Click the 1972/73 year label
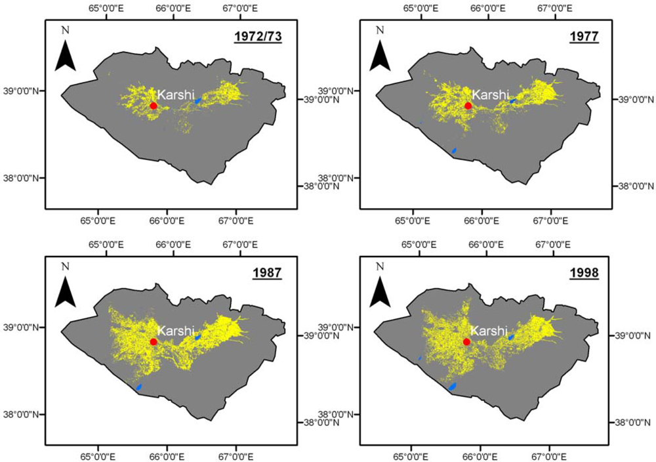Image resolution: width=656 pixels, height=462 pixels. [258, 37]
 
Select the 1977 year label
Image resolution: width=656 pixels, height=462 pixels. [584, 37]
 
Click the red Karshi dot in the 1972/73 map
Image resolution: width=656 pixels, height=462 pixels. [154, 106]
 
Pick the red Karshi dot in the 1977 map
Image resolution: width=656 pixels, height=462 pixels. [468, 106]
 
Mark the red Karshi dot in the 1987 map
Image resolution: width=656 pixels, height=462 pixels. [154, 342]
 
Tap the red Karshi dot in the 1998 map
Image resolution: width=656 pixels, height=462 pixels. [467, 342]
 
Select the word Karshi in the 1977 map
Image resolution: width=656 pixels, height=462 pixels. [491, 95]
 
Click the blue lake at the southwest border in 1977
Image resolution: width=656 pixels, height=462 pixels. [454, 151]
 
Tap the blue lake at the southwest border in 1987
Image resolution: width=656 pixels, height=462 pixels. [138, 387]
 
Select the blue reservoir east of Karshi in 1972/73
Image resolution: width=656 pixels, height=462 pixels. [197, 100]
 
